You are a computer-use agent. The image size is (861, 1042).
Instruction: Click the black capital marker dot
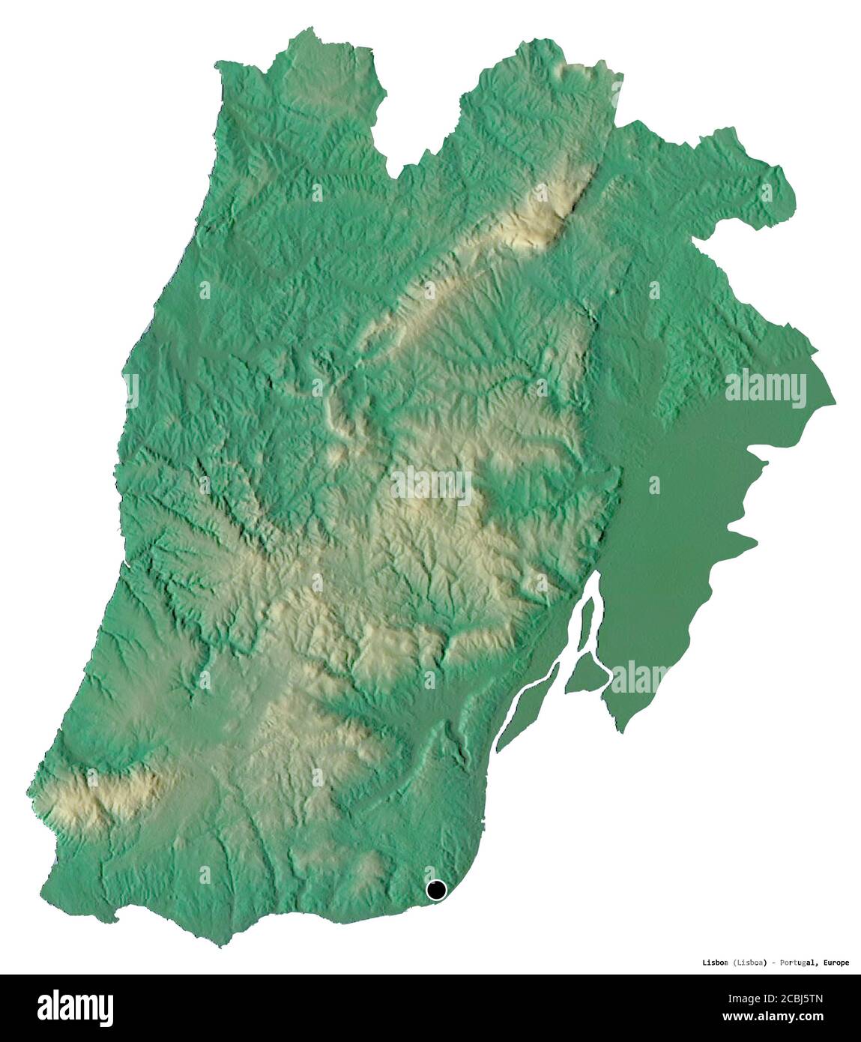(435, 890)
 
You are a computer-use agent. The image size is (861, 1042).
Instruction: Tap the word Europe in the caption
(834, 963)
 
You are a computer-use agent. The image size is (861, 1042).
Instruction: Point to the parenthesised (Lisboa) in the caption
(750, 963)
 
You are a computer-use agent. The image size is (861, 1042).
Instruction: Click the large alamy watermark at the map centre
(430, 485)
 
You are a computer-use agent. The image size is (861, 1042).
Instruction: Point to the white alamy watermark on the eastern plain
(765, 388)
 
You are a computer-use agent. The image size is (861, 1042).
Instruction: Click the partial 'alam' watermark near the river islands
(638, 677)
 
